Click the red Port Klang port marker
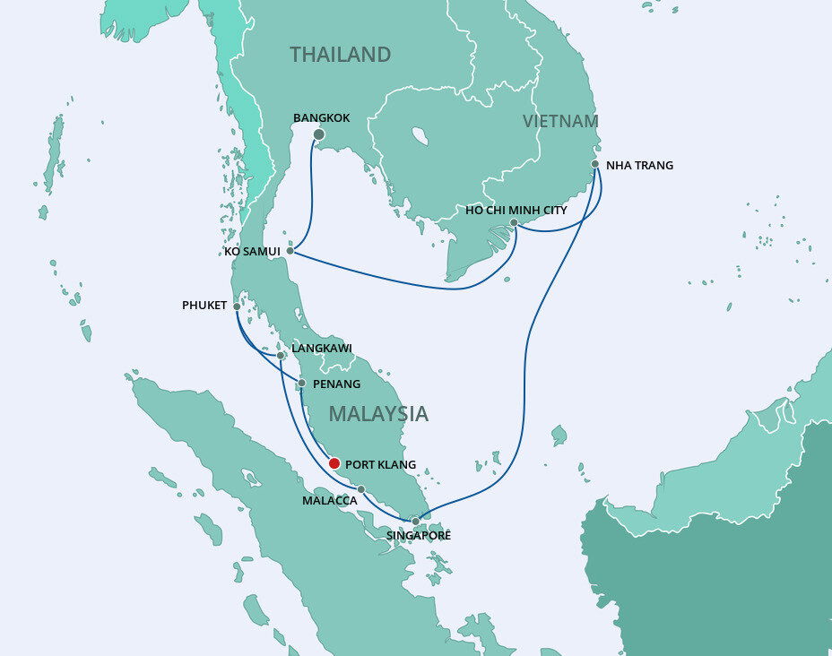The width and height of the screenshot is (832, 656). point(334,463)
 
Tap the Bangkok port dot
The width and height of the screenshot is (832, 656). point(318,134)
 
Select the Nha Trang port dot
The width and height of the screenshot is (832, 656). point(595,164)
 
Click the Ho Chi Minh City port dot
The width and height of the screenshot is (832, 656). point(514,222)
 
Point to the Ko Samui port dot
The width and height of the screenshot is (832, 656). point(290,251)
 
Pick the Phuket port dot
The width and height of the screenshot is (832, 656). point(237,306)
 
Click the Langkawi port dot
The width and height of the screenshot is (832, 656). point(281,356)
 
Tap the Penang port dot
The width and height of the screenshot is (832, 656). point(301,384)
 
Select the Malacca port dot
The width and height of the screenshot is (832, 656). point(360,489)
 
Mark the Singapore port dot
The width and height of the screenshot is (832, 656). point(415,521)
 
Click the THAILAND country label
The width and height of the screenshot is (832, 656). point(340,55)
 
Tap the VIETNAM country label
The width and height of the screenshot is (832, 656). point(560,121)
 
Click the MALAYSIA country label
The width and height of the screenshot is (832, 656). point(377,414)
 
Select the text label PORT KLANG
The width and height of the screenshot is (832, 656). point(380,465)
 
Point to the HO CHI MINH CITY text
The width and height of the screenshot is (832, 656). point(516,210)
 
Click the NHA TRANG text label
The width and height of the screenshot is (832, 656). point(639,166)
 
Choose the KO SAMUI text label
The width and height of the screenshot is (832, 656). point(253,252)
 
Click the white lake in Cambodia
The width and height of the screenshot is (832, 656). point(420,137)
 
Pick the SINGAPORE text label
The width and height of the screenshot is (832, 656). point(418,536)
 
